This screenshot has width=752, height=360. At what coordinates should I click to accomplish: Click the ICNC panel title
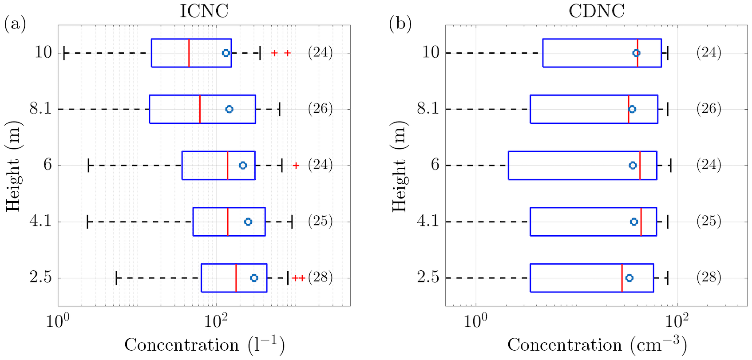click(204, 11)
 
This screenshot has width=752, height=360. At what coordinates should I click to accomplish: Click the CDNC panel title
click(596, 11)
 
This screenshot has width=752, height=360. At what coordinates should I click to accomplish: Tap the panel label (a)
click(15, 24)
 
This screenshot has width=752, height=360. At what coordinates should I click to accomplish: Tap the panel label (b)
click(400, 24)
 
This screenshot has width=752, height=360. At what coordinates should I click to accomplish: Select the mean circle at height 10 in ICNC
click(226, 53)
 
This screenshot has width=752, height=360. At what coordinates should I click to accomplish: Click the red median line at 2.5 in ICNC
click(236, 278)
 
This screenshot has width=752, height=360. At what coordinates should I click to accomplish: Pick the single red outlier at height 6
click(296, 166)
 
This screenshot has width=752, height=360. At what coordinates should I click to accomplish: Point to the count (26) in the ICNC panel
click(320, 109)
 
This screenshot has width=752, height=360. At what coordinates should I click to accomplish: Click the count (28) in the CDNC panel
click(708, 277)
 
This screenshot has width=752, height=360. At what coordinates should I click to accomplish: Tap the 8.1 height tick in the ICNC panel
click(41, 109)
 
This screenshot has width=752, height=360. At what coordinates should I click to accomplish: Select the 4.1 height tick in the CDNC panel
click(428, 221)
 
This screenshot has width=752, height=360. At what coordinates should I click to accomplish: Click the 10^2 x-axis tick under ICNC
click(216, 321)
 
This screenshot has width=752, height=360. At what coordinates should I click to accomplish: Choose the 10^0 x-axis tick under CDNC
click(475, 321)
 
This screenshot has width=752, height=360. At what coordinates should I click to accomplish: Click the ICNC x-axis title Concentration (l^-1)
click(204, 345)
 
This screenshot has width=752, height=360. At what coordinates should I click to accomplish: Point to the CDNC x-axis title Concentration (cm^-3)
click(597, 345)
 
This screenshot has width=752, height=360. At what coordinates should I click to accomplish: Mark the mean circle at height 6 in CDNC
click(633, 166)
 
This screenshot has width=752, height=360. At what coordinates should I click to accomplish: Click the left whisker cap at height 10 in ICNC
click(65, 53)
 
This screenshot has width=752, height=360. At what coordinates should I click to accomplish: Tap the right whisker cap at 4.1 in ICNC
click(292, 222)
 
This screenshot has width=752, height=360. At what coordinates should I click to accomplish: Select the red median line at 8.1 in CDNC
click(629, 109)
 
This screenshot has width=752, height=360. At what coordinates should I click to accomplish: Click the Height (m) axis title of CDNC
click(400, 166)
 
